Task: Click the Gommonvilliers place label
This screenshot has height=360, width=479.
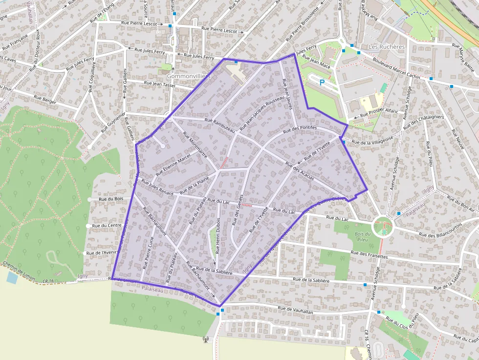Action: pyautogui.click(x=188, y=77)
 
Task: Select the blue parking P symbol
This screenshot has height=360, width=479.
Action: pyautogui.click(x=322, y=83)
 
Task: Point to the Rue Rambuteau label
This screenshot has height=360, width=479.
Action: pyautogui.click(x=220, y=125)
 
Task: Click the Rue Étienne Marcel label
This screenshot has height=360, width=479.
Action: pyautogui.click(x=173, y=166)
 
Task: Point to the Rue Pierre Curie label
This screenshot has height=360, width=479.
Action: pyautogui.click(x=149, y=253)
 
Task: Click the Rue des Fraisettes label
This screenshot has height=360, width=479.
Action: pyautogui.click(x=370, y=254)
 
